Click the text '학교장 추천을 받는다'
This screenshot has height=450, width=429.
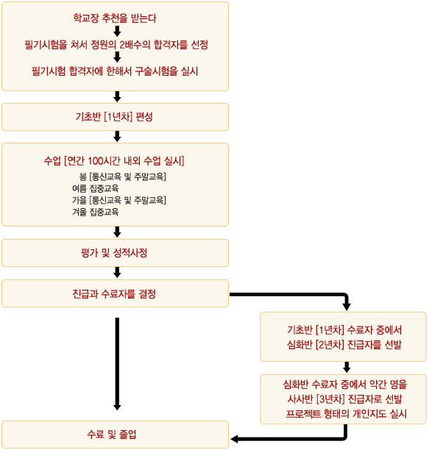[115, 18]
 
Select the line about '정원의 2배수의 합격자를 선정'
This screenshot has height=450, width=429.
[116, 45]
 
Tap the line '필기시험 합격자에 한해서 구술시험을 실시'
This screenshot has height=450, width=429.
[115, 71]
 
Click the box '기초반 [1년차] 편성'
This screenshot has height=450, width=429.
[115, 117]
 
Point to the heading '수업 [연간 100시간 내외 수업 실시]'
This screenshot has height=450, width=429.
[114, 161]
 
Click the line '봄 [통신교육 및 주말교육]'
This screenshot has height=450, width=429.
[123, 176]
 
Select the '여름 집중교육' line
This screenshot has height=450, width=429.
[96, 188]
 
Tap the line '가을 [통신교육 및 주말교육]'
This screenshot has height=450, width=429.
[119, 200]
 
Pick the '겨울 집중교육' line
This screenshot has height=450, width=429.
[96, 212]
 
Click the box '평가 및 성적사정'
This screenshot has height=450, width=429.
[115, 253]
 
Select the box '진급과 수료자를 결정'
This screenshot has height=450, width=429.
[115, 293]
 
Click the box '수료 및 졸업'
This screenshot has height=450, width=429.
[115, 435]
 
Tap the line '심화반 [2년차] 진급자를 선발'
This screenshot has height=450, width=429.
[344, 344]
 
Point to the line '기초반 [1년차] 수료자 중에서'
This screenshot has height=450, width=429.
[344, 330]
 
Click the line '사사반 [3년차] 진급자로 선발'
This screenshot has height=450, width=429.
[344, 399]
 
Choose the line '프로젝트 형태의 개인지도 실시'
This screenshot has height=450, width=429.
[347, 414]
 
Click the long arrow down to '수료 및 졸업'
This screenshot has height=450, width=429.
[117, 364]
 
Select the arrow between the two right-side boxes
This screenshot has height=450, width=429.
[347, 368]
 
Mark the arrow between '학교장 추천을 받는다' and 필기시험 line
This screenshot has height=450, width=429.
[117, 32]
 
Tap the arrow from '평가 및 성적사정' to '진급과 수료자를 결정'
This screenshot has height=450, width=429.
[117, 273]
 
